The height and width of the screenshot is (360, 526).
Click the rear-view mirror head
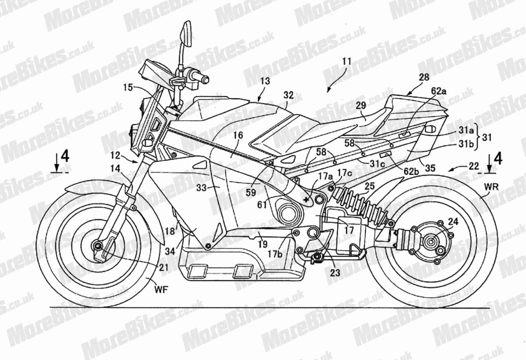point(186,34)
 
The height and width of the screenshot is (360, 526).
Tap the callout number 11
point(347,61)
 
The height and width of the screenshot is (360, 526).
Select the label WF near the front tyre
point(161,290)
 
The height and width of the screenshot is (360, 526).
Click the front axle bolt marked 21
point(98,246)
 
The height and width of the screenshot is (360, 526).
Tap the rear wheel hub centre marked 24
point(430,241)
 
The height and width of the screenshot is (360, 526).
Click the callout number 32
point(288,95)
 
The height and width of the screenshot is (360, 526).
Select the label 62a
point(438,91)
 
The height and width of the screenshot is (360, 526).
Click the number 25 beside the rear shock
point(370,186)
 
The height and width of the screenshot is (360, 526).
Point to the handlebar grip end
point(205,79)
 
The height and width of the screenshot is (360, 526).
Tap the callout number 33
point(201,188)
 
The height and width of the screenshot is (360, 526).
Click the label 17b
point(275,254)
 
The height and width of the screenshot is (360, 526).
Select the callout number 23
point(335,273)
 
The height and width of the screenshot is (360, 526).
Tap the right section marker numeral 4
point(498,159)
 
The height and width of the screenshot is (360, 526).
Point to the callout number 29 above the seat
point(361,106)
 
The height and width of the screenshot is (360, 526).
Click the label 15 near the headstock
point(128,88)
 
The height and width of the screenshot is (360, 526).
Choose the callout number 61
point(262,205)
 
